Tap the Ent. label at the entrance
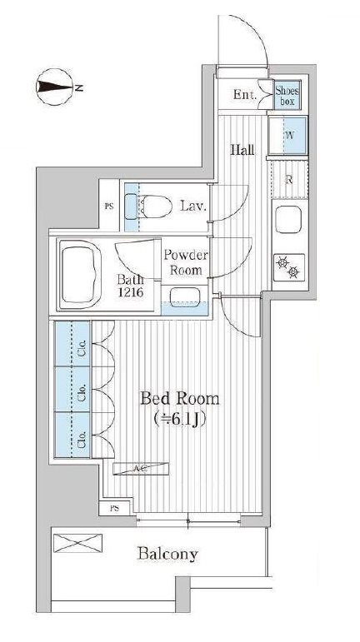243,95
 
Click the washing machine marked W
288,135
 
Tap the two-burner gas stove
288,267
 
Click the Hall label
242,150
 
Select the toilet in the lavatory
155,204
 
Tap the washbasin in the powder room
184,296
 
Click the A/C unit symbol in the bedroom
141,468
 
